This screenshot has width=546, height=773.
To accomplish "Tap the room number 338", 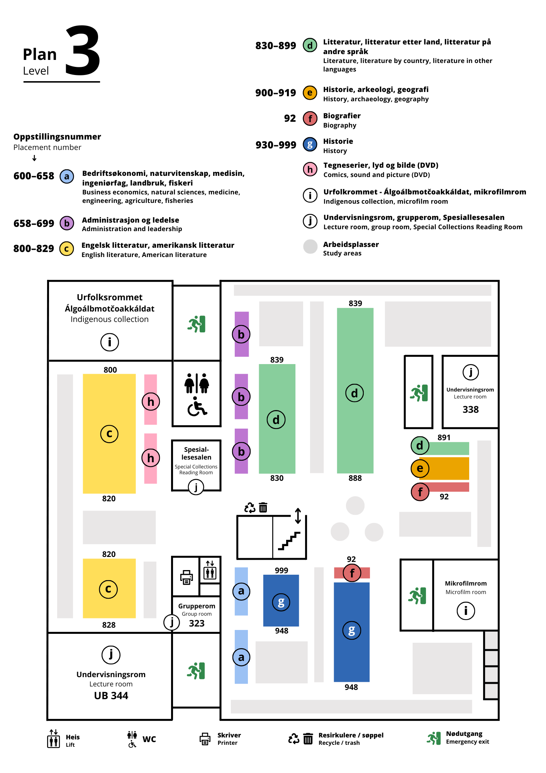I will coord(470,409).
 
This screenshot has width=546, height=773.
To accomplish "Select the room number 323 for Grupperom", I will coord(197,623).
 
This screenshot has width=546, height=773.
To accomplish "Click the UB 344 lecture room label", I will coord(111,696).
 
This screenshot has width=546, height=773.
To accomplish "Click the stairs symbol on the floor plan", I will coord(289,541).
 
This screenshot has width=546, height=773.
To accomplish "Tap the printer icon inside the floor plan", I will coord(187,577).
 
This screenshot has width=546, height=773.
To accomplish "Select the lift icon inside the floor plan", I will coord(210,570).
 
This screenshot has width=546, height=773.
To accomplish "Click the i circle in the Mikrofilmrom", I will coord(466,611).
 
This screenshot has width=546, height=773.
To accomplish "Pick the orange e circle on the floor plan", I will coord(420,468).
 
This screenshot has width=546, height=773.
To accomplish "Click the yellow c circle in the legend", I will coord(66,249).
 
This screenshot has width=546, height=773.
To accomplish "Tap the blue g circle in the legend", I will coord(310,145).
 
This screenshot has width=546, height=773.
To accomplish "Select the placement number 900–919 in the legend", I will coord(275,93).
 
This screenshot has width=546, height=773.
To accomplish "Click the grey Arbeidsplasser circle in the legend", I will coord(310,247).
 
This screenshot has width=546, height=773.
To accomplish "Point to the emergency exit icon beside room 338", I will coord(419,393).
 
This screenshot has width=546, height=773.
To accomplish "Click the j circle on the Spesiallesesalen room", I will coord(196,487).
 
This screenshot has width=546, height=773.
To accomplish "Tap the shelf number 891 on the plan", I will coord(444,438).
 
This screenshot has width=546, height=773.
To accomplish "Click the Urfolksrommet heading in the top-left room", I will coord(110,297).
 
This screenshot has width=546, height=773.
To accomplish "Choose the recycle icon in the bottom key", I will coord(294,739).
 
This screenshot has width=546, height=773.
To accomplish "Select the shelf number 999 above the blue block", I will coord(281,570).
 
